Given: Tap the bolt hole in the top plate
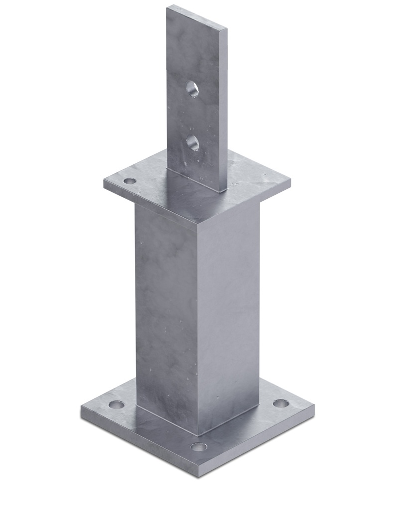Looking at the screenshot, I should [x=130, y=181].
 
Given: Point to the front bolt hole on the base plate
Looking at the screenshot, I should [x=198, y=446].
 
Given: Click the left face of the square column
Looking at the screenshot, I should [x=164, y=309].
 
